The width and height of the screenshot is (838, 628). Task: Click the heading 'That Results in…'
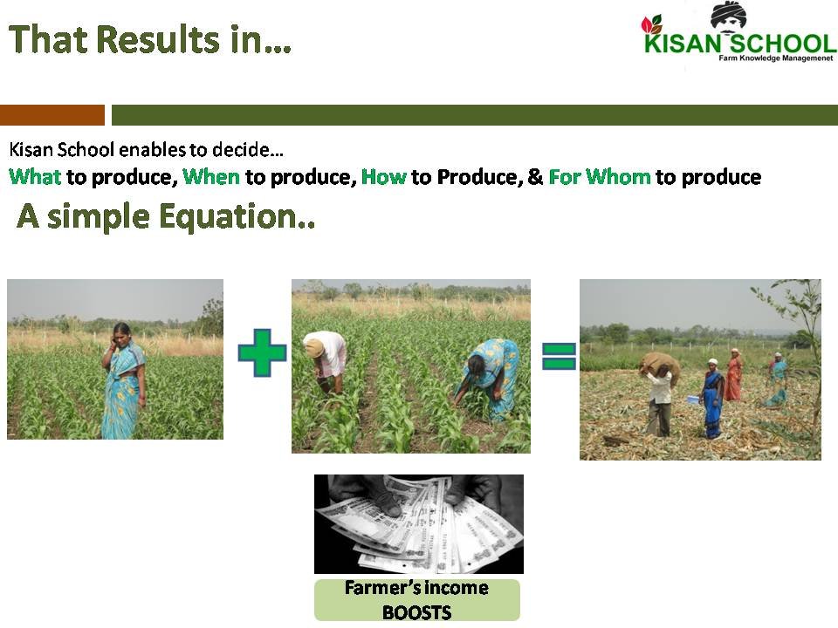150,39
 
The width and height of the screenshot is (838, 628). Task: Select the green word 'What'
35,177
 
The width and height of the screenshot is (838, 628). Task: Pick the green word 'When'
211,177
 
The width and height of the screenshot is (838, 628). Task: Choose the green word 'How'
384,177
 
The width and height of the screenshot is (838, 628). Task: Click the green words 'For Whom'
600,177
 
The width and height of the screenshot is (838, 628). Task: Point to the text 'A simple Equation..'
166,217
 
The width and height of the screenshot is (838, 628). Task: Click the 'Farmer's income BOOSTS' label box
416,600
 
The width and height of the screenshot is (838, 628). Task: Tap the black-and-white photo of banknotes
418,523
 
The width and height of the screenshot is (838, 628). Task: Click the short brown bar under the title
52,115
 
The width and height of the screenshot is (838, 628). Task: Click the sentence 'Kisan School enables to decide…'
146,149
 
